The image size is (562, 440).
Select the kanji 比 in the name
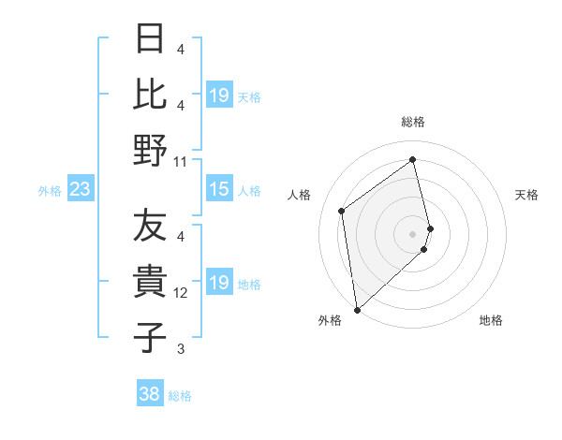151,94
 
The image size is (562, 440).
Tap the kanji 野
151,150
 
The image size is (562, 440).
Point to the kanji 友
151,226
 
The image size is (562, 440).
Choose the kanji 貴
151,282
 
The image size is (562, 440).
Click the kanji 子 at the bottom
151,338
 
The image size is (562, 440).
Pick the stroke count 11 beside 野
181,161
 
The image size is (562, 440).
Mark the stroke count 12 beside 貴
181,293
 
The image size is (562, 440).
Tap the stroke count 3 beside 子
181,349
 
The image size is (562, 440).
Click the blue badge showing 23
81,190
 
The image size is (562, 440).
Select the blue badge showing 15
218,190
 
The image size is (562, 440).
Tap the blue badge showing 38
150,394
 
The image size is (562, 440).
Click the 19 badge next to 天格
218,95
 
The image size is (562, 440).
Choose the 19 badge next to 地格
218,283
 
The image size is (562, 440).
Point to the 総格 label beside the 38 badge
181,396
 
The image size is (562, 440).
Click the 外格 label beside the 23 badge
50,191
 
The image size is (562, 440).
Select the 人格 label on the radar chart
300,195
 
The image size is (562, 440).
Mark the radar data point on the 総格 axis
413,159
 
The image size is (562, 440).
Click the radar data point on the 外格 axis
357,309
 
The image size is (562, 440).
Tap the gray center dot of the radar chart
413,233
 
